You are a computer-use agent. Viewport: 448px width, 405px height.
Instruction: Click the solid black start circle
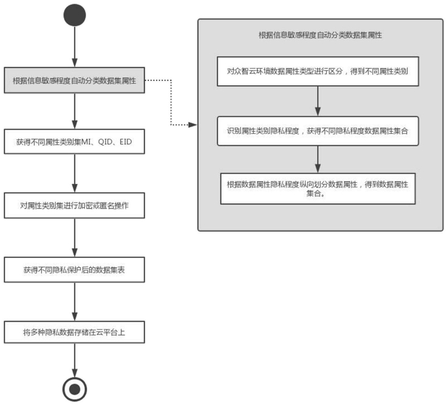pyautogui.click(x=75, y=15)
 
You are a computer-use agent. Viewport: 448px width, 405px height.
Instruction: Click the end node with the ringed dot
pyautogui.click(x=75, y=389)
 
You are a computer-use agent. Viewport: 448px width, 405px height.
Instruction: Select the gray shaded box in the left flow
pyautogui.click(x=74, y=80)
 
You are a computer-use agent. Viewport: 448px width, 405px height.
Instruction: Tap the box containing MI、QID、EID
pyautogui.click(x=74, y=142)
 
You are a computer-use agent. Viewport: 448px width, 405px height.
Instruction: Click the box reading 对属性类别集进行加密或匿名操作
pyautogui.click(x=74, y=206)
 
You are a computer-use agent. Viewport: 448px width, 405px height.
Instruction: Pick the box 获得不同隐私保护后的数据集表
pyautogui.click(x=74, y=270)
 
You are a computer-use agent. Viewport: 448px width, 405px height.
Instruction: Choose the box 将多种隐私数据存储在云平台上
pyautogui.click(x=74, y=332)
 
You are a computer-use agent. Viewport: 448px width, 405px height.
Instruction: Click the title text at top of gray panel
pyautogui.click(x=320, y=35)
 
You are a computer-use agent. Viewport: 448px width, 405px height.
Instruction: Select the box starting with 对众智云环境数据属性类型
pyautogui.click(x=318, y=71)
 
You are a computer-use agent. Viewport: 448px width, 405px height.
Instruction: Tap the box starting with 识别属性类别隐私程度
pyautogui.click(x=318, y=131)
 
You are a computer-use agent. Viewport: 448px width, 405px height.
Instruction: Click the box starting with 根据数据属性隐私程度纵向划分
pyautogui.click(x=318, y=189)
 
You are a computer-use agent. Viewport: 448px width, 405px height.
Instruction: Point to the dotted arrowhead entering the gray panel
pyautogui.click(x=193, y=125)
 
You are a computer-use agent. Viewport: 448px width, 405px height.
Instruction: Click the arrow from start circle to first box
pyautogui.click(x=75, y=47)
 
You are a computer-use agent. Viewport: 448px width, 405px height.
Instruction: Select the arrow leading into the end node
pyautogui.click(x=75, y=360)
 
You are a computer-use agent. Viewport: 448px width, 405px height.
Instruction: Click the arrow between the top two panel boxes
pyautogui.click(x=318, y=101)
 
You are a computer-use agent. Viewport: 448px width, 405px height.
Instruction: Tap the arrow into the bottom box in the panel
pyautogui.click(x=318, y=159)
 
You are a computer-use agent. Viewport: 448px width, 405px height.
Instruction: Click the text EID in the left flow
pyautogui.click(x=126, y=142)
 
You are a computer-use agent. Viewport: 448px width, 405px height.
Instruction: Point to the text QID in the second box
pyautogui.click(x=105, y=142)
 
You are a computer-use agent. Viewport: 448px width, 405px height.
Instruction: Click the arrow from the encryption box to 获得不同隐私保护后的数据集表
pyautogui.click(x=75, y=237)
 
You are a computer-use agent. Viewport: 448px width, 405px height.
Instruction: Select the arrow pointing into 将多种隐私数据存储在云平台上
pyautogui.click(x=75, y=302)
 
